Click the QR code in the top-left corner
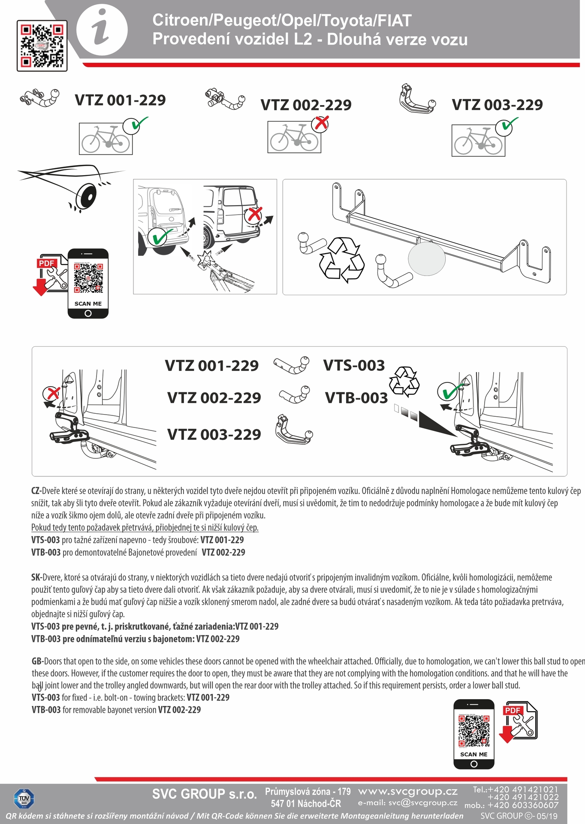(x=42, y=45)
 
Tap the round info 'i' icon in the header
(x=102, y=30)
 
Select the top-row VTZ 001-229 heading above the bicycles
(x=120, y=100)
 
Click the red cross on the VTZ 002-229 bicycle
(x=320, y=124)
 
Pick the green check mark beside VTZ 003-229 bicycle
(x=507, y=126)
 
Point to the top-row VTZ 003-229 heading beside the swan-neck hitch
(x=497, y=105)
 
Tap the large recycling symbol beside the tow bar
(x=342, y=260)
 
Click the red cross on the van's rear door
(x=254, y=214)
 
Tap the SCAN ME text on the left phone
(x=88, y=303)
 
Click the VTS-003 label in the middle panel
(x=354, y=366)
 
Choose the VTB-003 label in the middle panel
(x=356, y=398)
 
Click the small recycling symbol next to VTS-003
(x=404, y=380)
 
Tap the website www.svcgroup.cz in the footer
(x=407, y=791)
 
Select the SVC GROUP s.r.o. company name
(x=204, y=794)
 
